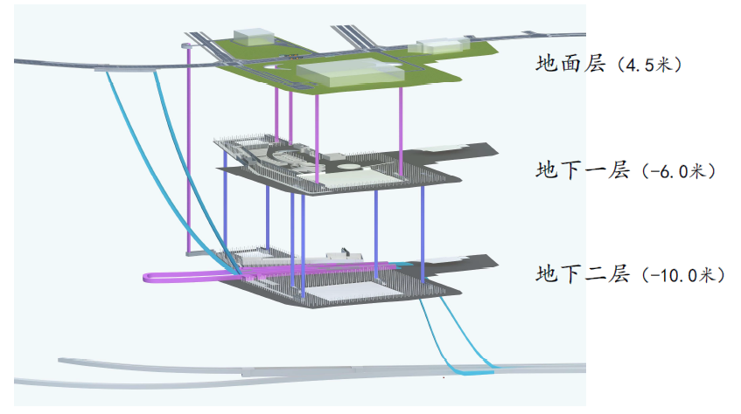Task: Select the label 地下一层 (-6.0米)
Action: click(x=626, y=171)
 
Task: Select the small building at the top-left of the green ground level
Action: click(x=252, y=36)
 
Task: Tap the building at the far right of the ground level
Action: click(x=443, y=45)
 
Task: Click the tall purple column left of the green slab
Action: click(x=186, y=148)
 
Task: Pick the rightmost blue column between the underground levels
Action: click(x=423, y=227)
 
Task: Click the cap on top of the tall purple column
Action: click(x=186, y=45)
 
